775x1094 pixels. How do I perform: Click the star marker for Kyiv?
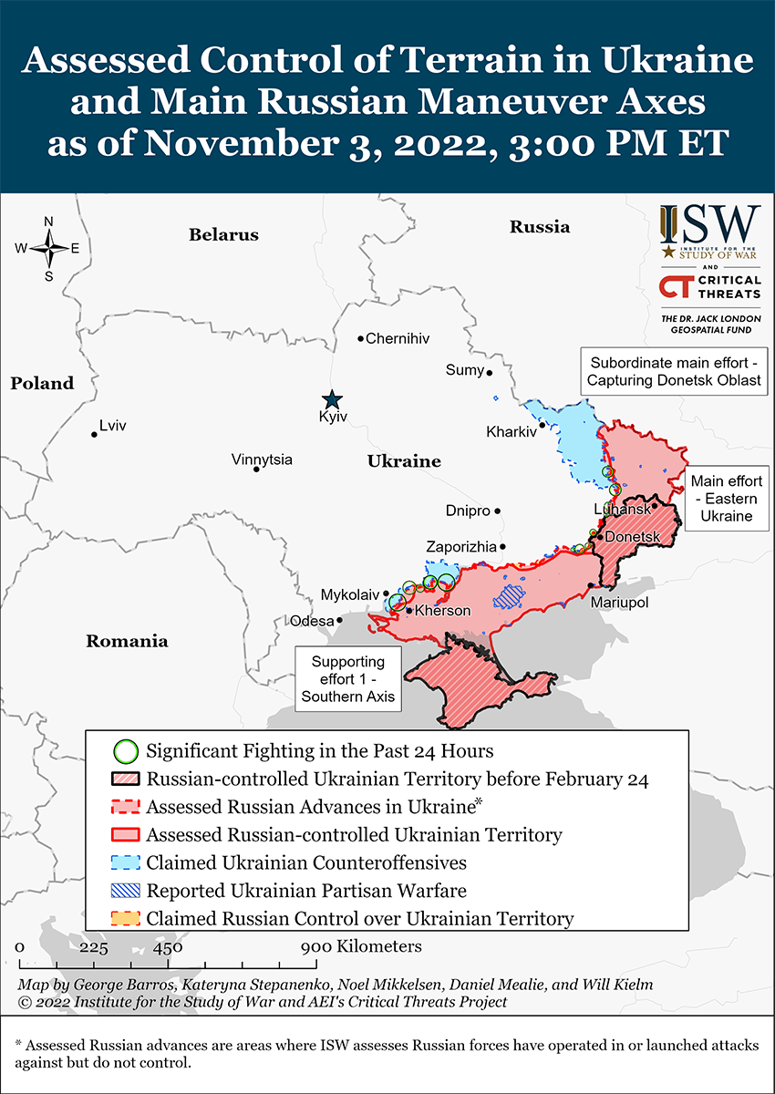tap(332, 399)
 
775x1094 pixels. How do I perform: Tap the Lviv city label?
tap(113, 426)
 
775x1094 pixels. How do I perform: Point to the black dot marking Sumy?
tap(490, 372)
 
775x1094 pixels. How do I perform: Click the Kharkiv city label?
tap(511, 431)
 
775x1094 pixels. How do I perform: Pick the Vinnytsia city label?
tap(262, 459)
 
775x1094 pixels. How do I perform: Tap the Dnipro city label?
tap(468, 511)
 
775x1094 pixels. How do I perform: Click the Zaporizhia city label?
tap(461, 547)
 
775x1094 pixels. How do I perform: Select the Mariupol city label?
tap(618, 603)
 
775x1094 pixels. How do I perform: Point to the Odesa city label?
tap(311, 621)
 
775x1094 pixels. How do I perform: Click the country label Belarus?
tap(223, 235)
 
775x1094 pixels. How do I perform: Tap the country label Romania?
tap(127, 641)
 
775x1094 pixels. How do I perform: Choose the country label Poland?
tap(42, 383)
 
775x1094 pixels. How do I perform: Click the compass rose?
tap(48, 248)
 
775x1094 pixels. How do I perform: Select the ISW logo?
tap(709, 232)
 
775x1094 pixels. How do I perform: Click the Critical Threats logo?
tap(709, 287)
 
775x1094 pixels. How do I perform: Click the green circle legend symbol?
tap(127, 752)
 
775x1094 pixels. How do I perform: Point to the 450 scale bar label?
tap(168, 946)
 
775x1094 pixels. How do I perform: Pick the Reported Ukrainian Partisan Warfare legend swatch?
tap(127, 890)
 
